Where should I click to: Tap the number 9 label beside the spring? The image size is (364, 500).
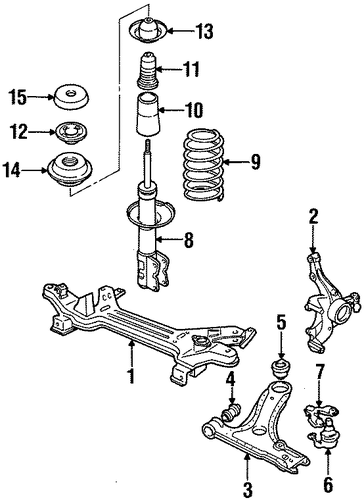(255, 162)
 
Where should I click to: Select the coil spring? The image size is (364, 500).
(203, 166)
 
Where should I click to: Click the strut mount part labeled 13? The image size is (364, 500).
(148, 31)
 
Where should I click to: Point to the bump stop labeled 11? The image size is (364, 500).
(147, 71)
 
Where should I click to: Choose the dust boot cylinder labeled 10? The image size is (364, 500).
(147, 115)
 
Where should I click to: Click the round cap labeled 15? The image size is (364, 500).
(71, 97)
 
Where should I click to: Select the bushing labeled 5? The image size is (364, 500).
(281, 369)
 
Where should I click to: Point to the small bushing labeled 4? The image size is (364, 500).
(231, 412)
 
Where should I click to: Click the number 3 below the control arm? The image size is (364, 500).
(247, 488)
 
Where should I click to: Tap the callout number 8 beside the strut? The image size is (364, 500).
(189, 240)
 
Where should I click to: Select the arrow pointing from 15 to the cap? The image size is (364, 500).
(40, 97)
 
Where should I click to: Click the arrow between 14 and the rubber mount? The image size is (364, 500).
(35, 171)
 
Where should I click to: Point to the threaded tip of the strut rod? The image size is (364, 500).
(148, 146)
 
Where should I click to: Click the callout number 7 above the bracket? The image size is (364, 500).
(320, 373)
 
